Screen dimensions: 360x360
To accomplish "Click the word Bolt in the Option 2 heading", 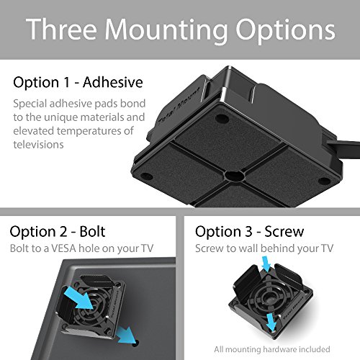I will pos(91,232).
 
